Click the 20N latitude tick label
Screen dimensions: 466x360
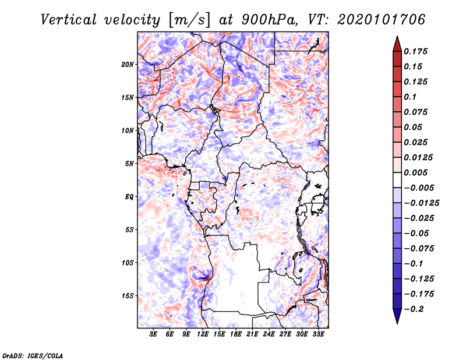coord(127,65)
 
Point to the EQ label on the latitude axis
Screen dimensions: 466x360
coord(129,197)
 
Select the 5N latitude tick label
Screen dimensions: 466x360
coord(129,164)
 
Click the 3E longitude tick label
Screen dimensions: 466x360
coord(153,334)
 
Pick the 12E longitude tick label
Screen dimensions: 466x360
coord(202,334)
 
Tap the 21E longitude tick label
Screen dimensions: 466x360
coord(252,334)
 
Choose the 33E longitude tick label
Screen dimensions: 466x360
coord(318,334)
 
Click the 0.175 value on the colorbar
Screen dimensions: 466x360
coord(415,51)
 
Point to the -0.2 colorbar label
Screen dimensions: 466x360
coord(414,309)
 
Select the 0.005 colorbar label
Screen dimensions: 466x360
coord(415,172)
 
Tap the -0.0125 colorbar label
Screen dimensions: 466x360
coord(421,203)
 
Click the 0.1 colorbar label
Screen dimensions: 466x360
coord(410,97)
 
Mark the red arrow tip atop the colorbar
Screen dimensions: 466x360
coord(397,36)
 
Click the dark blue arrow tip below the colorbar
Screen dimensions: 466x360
coord(397,323)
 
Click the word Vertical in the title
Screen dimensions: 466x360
coord(69,20)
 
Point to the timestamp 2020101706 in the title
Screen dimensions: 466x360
coord(382,20)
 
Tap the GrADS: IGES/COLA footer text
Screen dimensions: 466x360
coord(33,355)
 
